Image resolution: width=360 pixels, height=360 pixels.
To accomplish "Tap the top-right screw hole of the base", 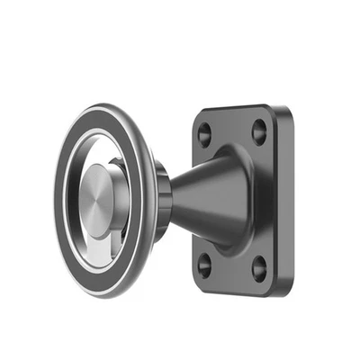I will click(259, 132).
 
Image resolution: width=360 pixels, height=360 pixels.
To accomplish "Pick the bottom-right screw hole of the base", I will click(260, 268).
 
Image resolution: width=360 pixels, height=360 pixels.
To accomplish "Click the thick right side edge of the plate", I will click(285, 198).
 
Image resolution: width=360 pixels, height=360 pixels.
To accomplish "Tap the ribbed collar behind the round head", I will click(161, 202).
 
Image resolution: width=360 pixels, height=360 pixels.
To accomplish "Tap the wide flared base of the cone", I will click(236, 200).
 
